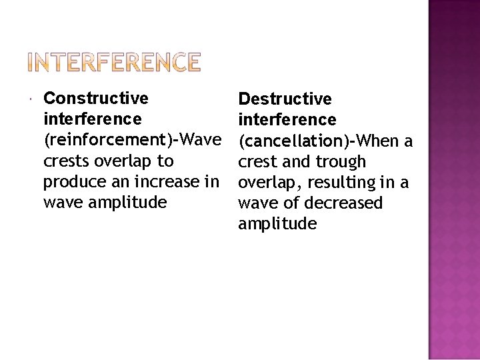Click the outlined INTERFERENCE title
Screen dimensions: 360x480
[x=113, y=62]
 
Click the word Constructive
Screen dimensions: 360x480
[x=95, y=99]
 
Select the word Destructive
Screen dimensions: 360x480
[x=285, y=99]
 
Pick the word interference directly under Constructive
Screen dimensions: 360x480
[x=92, y=119]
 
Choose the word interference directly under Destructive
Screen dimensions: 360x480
[x=287, y=120]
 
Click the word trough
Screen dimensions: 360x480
[x=341, y=162]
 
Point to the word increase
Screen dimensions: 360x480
[x=173, y=181]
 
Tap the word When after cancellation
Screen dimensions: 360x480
[x=378, y=141]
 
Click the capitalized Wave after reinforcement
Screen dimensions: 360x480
[x=201, y=140]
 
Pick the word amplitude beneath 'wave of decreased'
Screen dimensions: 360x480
[x=277, y=223]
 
